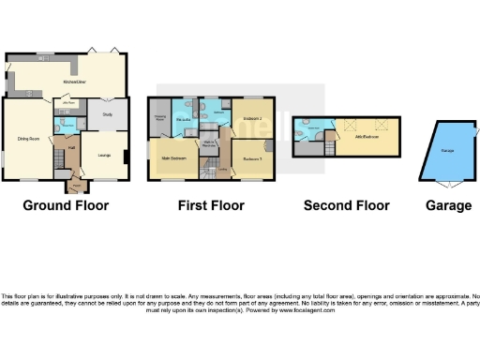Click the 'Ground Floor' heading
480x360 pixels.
click(x=65, y=205)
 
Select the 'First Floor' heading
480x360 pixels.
click(x=211, y=205)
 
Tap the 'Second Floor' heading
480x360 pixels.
click(x=338, y=205)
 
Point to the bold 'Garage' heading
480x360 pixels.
click(x=448, y=205)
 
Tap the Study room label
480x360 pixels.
click(x=108, y=116)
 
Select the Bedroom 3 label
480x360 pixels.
click(x=251, y=159)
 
